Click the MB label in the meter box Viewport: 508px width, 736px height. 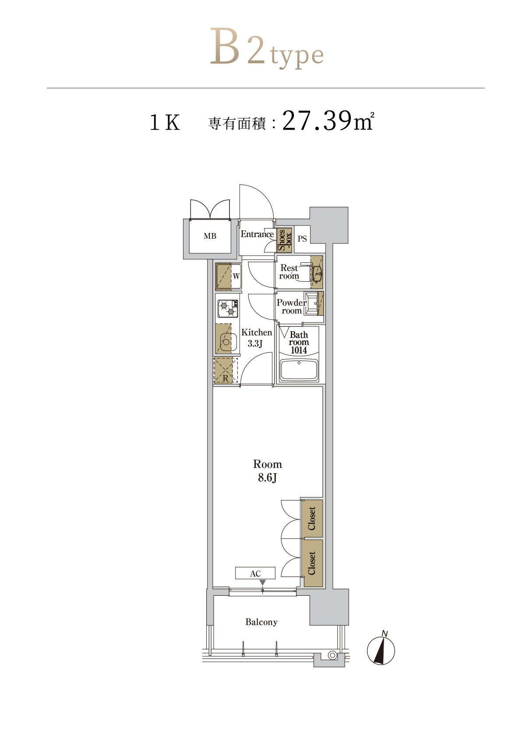click(x=210, y=236)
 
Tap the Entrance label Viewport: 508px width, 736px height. click(x=257, y=234)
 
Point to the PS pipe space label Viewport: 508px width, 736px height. click(x=302, y=239)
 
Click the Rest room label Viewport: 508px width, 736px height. click(x=289, y=272)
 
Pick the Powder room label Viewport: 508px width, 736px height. click(x=292, y=307)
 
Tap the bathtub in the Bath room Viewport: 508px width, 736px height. click(x=299, y=370)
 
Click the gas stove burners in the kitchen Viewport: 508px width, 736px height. click(x=228, y=308)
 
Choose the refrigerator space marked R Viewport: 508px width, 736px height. click(x=225, y=370)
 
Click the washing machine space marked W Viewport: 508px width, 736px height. click(x=228, y=276)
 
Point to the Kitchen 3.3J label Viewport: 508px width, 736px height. click(x=256, y=338)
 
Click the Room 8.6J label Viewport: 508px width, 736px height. click(x=267, y=471)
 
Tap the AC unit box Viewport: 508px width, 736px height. click(x=255, y=574)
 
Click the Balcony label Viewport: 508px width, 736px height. click(x=261, y=622)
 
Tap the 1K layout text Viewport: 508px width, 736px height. click(x=165, y=123)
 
